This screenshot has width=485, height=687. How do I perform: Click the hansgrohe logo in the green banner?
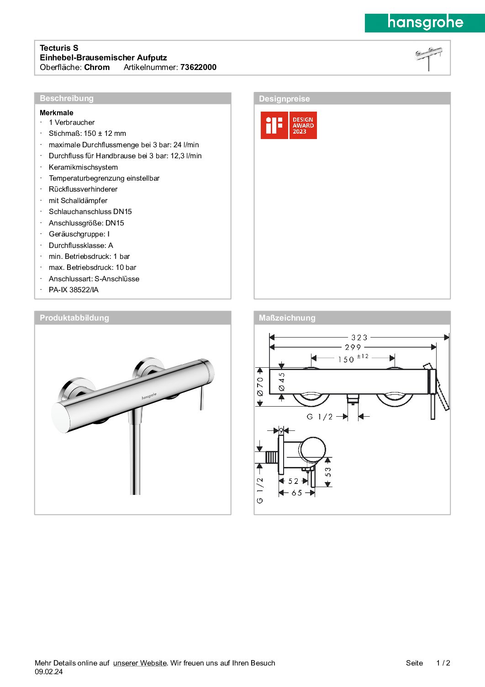point(425,22)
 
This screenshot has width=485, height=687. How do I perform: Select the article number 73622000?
point(198,67)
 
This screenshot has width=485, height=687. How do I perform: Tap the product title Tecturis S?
point(59,48)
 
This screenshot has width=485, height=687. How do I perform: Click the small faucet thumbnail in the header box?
point(428,58)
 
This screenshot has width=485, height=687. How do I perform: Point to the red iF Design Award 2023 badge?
point(289,125)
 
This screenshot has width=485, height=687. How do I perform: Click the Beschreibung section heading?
point(67,98)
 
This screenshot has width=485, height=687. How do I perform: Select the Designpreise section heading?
point(284,99)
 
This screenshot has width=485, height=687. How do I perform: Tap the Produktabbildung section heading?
point(74,318)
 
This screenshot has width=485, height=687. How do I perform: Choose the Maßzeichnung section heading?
point(287,318)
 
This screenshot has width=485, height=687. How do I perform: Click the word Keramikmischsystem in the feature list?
point(83,167)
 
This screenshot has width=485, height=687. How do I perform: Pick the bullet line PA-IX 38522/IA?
point(74,290)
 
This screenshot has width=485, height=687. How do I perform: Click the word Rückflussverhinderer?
point(83,189)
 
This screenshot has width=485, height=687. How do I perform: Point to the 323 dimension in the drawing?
point(359,338)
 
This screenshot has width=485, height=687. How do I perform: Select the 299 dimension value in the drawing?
point(353,348)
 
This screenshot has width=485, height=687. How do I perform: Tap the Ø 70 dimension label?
point(260,386)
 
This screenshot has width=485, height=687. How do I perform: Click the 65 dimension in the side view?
point(297,493)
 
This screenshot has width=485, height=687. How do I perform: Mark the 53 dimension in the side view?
point(328,472)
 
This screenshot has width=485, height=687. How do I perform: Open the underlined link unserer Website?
point(140,663)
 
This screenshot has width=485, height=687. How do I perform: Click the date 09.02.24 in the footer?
point(49,672)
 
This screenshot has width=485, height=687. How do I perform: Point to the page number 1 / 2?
point(443,663)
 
